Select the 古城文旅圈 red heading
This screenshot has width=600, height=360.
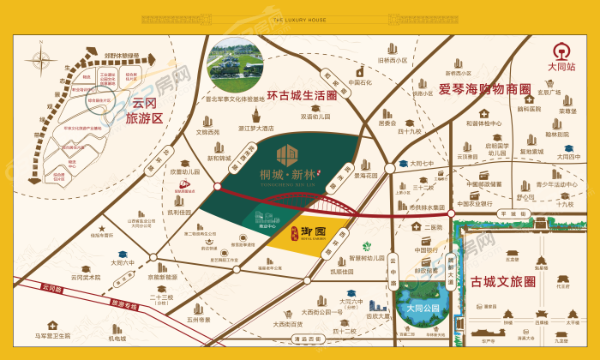pos(503,280)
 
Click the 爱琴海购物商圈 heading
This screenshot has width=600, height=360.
pos(485,89)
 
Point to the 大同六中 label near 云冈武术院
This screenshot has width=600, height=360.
pos(123,263)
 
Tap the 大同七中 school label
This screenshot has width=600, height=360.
pos(422,163)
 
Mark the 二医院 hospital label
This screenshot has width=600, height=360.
pos(421,227)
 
